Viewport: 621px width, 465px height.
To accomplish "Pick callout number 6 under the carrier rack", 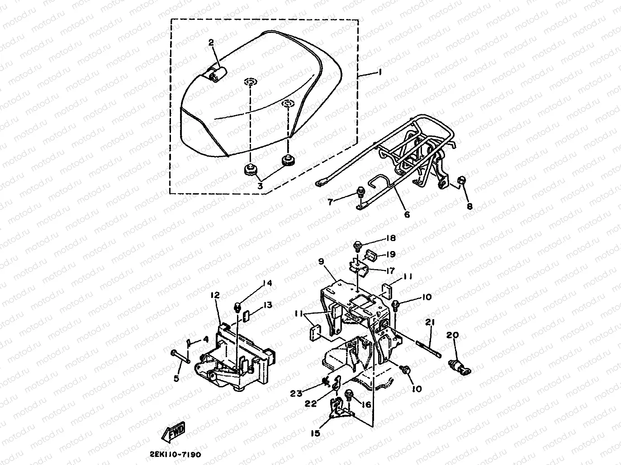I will click(406, 215).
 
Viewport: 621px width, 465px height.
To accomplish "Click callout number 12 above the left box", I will click(215, 295).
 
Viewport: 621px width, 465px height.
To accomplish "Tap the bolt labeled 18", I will click(357, 246).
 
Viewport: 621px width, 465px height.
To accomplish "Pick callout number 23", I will click(296, 393).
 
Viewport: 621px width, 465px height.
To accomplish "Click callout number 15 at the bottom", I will click(315, 433).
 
